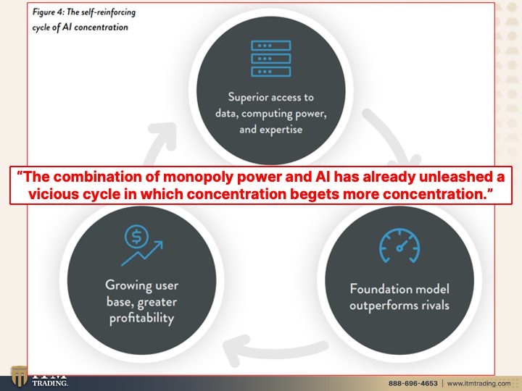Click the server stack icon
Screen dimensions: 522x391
(271, 59)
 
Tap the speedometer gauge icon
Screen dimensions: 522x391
(399, 245)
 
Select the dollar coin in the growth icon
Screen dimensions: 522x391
(136, 236)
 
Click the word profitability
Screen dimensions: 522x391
(142, 318)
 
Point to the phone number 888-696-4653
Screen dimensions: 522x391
(413, 383)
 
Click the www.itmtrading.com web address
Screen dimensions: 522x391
(478, 383)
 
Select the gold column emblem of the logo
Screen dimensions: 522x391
(19, 376)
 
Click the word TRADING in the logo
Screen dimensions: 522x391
(50, 383)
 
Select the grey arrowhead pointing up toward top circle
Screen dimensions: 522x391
(165, 135)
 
